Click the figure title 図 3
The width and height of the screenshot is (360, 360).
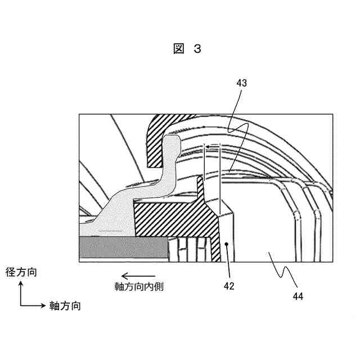(x=187, y=49)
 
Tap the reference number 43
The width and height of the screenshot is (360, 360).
(x=242, y=83)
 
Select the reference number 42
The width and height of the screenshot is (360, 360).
(x=229, y=286)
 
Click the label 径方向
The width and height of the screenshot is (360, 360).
(x=20, y=273)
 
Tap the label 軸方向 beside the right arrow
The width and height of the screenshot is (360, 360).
(x=65, y=306)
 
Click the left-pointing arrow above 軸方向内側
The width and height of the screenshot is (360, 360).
(x=135, y=276)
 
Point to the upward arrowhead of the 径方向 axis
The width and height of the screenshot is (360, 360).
(x=21, y=284)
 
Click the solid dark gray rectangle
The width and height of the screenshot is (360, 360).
(x=124, y=247)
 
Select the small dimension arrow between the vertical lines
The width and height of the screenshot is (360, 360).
(x=213, y=148)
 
